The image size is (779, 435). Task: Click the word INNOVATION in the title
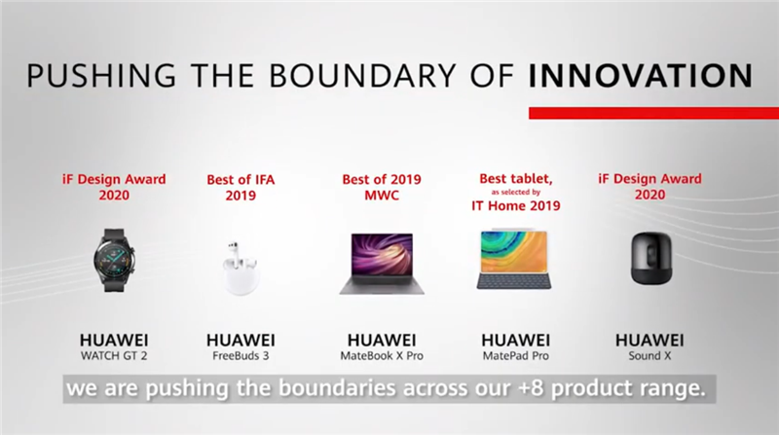tap(641, 76)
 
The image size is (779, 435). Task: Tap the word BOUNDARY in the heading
tap(362, 76)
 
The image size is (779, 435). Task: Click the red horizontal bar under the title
tap(653, 113)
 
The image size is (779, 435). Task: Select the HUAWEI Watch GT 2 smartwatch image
tap(114, 260)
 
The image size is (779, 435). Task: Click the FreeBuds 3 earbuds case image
tap(241, 269)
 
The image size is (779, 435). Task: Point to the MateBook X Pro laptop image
tap(382, 263)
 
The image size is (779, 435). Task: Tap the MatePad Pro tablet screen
tap(514, 251)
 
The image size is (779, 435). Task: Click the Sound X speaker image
tap(650, 258)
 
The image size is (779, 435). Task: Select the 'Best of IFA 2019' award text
tap(241, 187)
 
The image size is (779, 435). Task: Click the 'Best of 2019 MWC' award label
tap(382, 187)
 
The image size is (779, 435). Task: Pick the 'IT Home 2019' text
tap(516, 205)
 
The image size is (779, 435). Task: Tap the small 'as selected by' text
tap(516, 192)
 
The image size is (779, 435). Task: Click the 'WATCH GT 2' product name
tap(114, 356)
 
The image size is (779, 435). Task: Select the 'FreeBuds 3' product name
tap(241, 356)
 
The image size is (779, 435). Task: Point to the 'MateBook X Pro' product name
tap(382, 356)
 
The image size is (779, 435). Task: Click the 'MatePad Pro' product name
tap(516, 356)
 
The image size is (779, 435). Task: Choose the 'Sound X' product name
tap(649, 356)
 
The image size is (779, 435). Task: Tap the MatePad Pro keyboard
tap(514, 281)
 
